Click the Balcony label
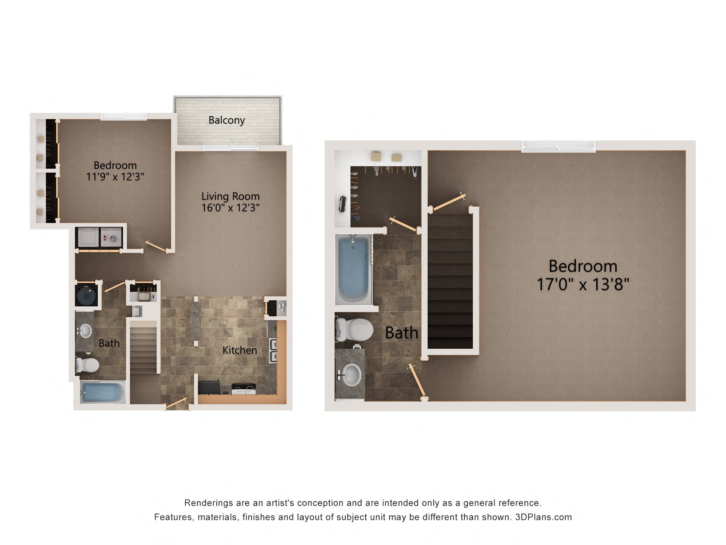(226, 120)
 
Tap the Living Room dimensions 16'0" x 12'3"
(230, 208)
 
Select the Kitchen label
(239, 350)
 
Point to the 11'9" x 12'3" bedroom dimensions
(115, 177)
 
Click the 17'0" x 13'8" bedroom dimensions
(583, 285)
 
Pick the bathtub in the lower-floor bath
(102, 393)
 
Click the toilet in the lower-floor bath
(88, 365)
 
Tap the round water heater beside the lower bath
(87, 296)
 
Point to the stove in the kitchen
(244, 388)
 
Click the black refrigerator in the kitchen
(209, 388)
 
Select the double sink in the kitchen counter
(273, 350)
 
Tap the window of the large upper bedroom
(558, 146)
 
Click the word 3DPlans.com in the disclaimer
(543, 517)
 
